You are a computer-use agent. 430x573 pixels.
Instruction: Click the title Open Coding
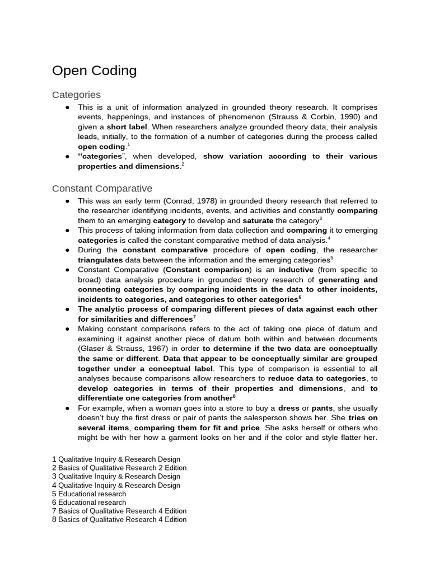point(94,71)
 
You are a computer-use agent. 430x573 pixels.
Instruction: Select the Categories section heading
point(76,95)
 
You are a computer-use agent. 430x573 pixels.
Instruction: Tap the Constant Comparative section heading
point(102,189)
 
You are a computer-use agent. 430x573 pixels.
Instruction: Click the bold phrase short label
point(127,127)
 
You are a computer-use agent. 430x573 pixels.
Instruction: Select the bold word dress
point(289,408)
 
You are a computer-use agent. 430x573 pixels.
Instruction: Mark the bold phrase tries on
point(363,418)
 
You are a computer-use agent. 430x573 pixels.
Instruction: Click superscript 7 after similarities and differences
point(194,317)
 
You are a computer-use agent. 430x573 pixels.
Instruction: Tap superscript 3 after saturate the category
point(321,219)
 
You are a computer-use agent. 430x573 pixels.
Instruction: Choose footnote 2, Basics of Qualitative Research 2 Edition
point(119,468)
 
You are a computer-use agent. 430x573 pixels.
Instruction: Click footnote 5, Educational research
point(89,494)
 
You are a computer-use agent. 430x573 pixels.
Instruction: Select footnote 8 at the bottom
point(119,519)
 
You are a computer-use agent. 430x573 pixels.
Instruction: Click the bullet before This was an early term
point(67,201)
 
